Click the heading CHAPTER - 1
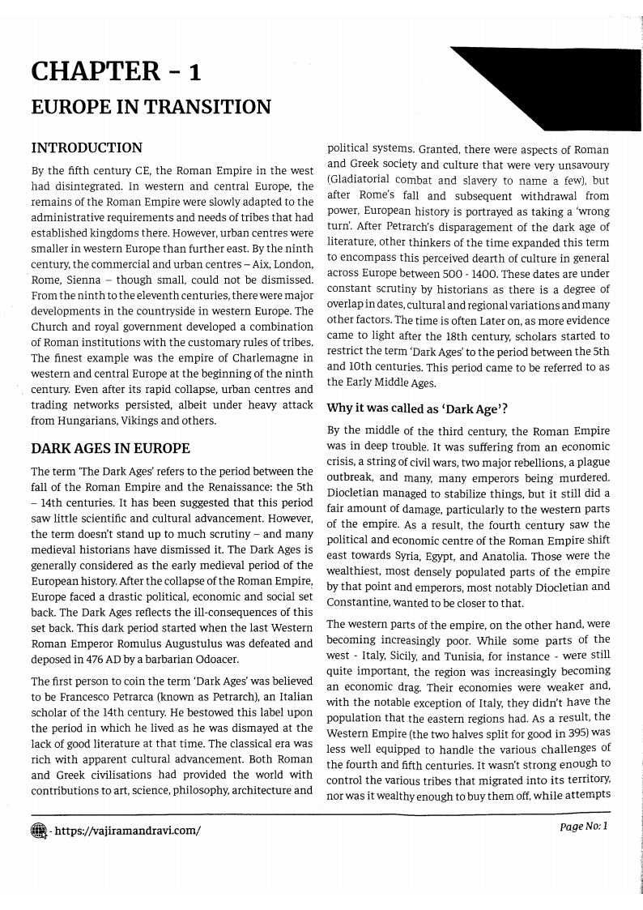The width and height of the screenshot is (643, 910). (x=116, y=72)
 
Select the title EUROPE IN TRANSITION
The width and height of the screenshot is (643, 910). (x=151, y=107)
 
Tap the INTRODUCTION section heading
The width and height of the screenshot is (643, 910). (x=87, y=147)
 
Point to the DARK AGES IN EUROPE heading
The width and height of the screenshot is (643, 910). (x=110, y=448)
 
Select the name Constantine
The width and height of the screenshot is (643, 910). (x=361, y=604)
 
